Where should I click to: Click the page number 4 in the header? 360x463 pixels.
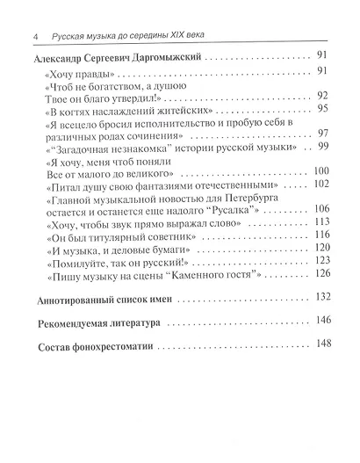(33, 36)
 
